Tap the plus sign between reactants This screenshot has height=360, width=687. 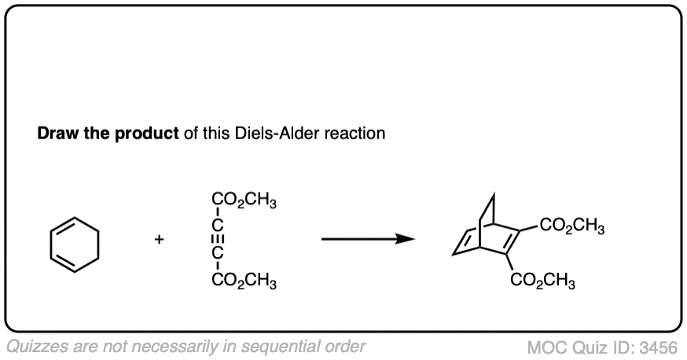pos(160,241)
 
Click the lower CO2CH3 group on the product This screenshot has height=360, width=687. pos(543,281)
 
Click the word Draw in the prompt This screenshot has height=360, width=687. pos(57,133)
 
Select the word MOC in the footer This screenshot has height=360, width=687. pos(546,346)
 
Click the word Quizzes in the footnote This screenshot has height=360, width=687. pos(36,346)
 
